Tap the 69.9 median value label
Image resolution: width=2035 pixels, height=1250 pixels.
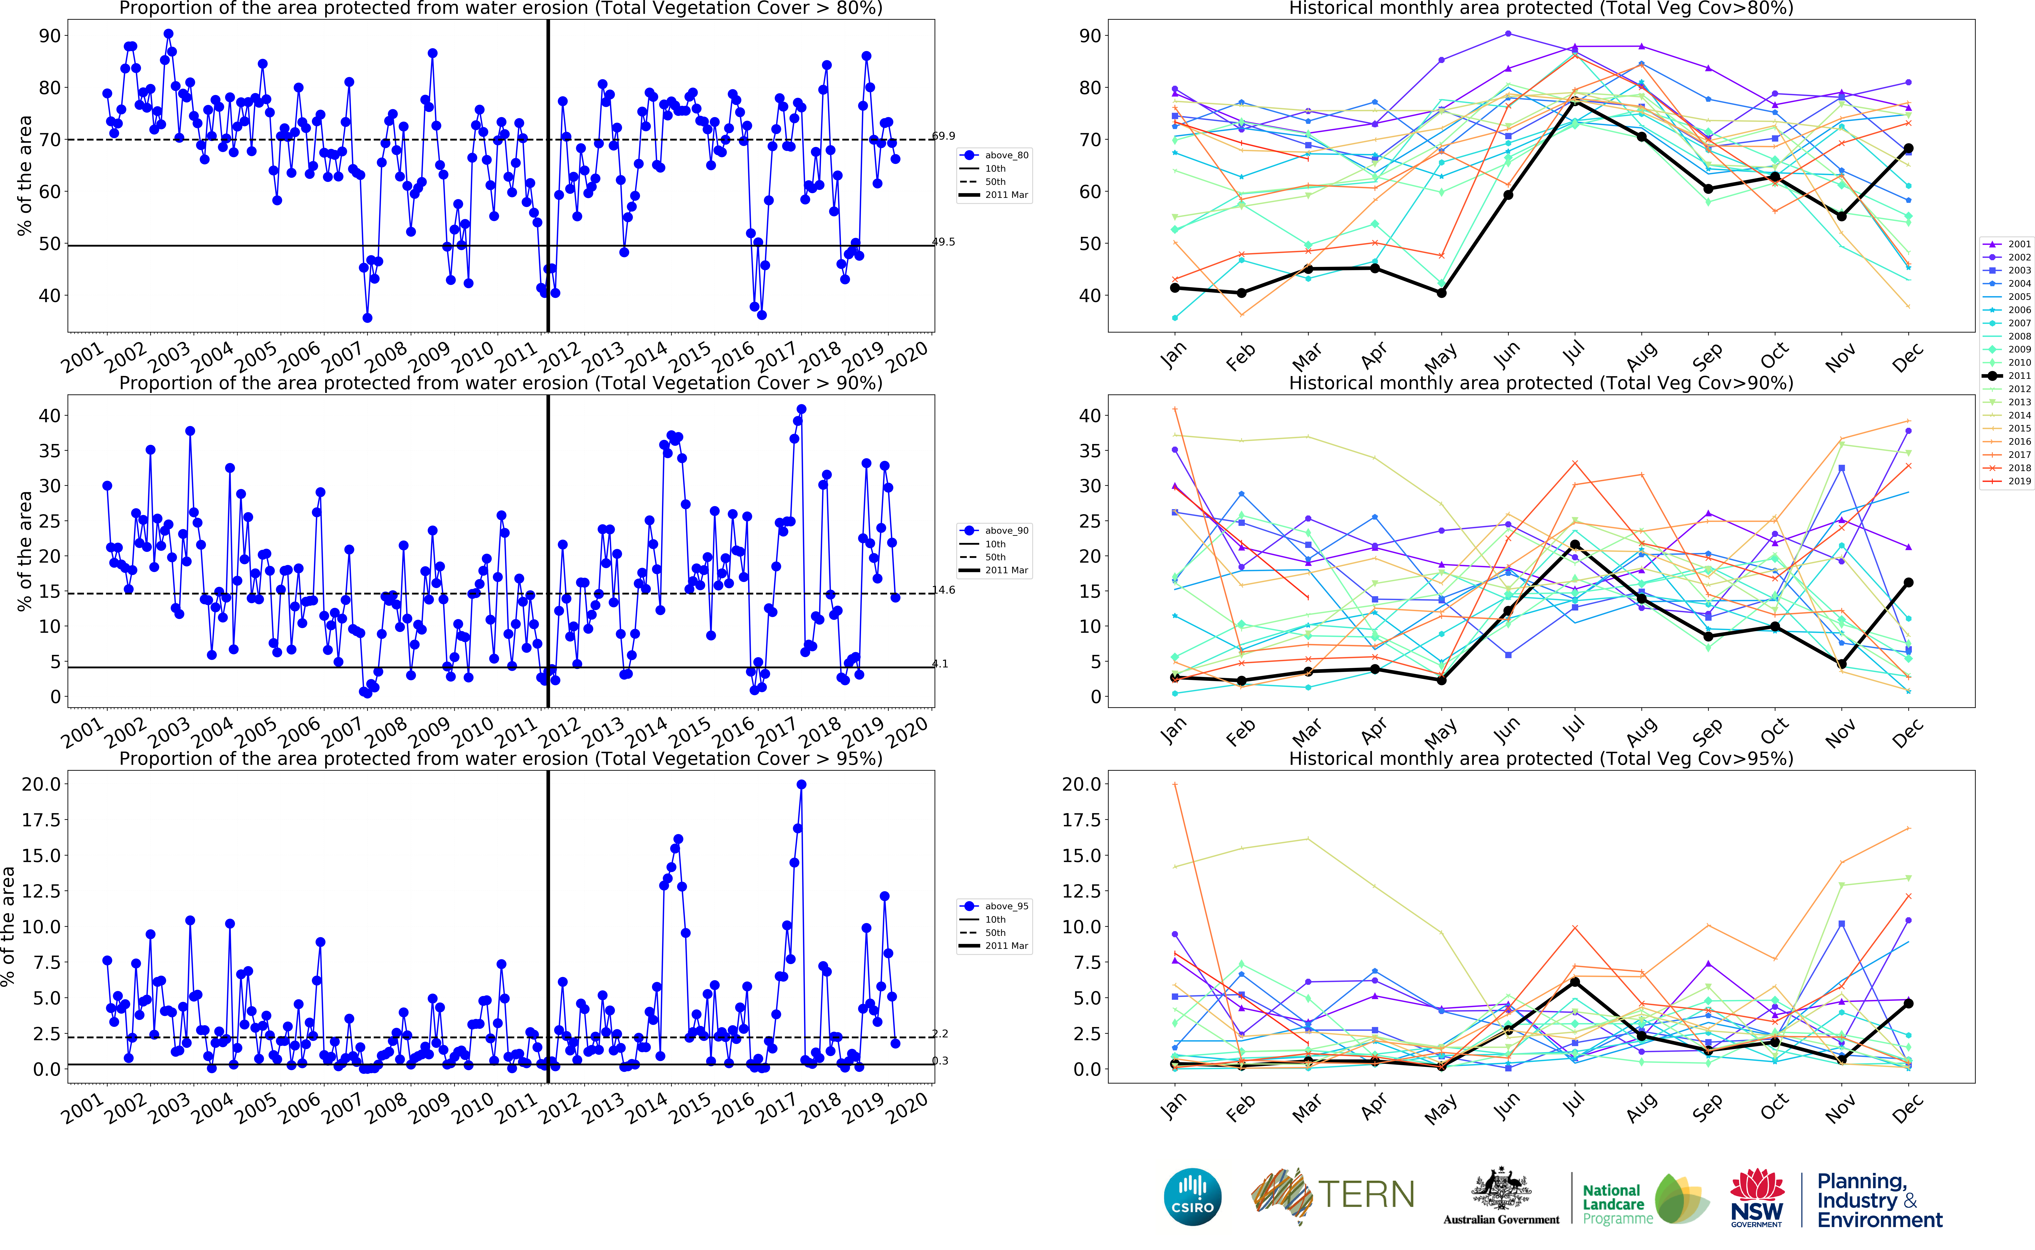(x=943, y=136)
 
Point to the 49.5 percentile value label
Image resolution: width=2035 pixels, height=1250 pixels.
(x=943, y=242)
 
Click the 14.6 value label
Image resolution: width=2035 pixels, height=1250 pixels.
(x=943, y=590)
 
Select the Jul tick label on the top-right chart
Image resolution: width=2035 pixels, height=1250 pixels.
(x=1574, y=354)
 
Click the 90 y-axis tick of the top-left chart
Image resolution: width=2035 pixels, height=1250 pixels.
(x=50, y=36)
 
